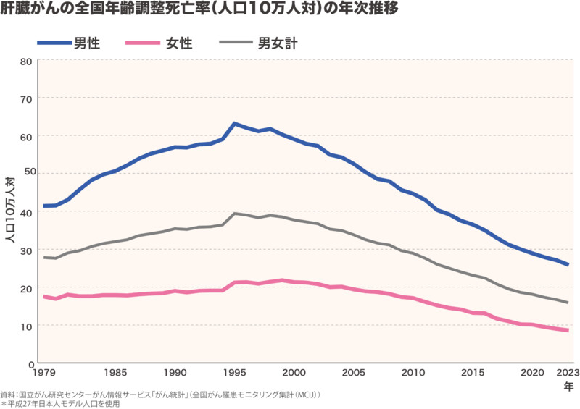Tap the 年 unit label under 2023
569,387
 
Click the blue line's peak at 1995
234,124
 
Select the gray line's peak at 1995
234,214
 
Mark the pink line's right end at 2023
568,331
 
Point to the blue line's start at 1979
44,206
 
